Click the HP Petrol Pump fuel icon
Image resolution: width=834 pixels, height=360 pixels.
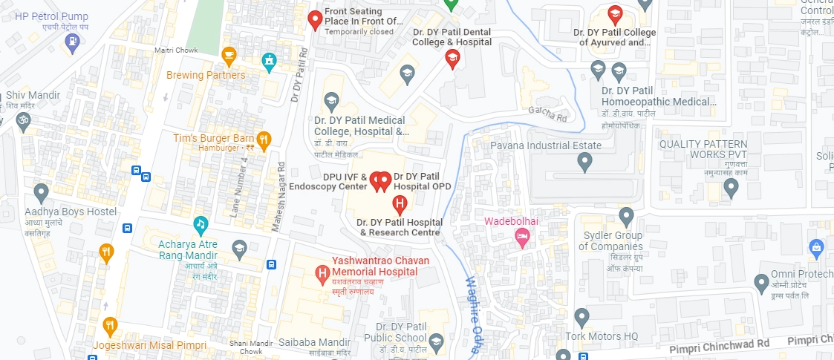tap(72, 42)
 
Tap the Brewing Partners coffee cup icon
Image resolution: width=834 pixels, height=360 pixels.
tap(229, 55)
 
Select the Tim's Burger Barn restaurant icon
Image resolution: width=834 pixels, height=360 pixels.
tap(263, 139)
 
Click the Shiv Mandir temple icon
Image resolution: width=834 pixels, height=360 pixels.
tap(24, 120)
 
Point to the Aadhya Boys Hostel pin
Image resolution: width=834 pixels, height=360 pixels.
tap(42, 192)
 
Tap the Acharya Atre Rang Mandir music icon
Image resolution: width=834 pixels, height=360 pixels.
tap(201, 223)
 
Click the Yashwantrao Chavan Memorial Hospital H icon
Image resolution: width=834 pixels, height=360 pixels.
tap(323, 274)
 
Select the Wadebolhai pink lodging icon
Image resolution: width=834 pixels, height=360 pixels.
tap(522, 237)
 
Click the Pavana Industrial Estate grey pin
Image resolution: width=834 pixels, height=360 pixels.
tap(585, 160)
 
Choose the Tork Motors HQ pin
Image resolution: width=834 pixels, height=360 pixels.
tap(582, 317)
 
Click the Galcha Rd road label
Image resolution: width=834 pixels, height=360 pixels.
tap(547, 113)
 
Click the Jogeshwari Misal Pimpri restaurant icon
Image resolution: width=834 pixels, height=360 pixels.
tap(111, 325)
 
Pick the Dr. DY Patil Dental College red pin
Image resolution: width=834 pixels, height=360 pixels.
tap(452, 59)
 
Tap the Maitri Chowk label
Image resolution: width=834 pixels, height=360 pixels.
tap(173, 50)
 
